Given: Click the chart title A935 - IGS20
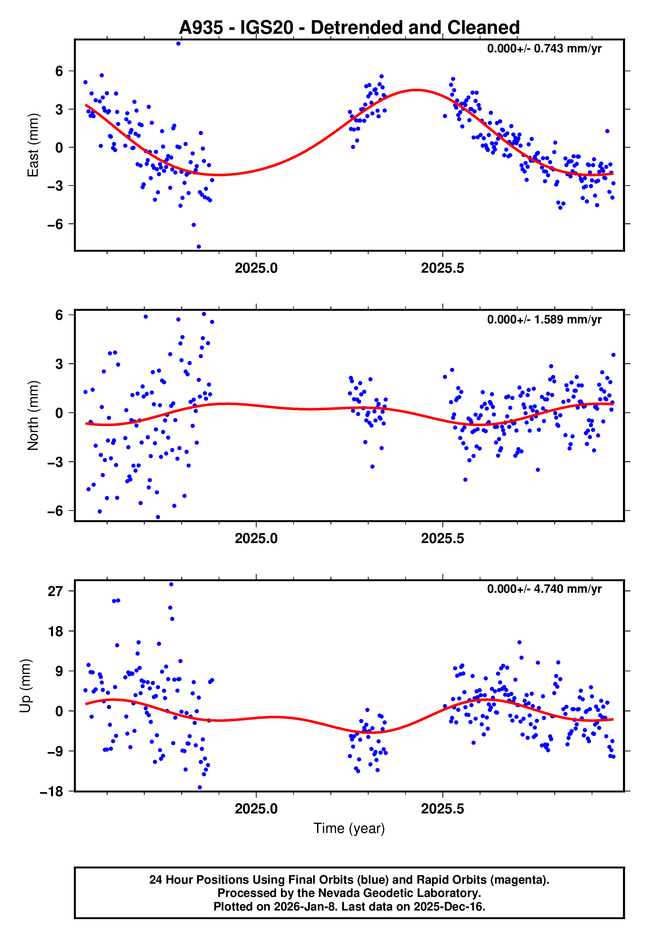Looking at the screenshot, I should click(x=349, y=28).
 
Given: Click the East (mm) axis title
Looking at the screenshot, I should click(x=33, y=145).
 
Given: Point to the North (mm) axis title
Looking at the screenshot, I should click(x=33, y=415).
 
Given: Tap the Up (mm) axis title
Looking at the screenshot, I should click(x=25, y=686).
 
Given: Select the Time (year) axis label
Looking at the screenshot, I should click(x=349, y=829).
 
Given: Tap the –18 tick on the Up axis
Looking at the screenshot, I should click(x=52, y=792).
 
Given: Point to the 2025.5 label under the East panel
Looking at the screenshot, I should click(x=442, y=268).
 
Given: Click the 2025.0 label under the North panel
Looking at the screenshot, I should click(x=256, y=539).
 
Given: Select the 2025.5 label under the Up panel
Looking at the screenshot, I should click(x=442, y=809).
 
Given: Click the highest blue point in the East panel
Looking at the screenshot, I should click(x=178, y=43).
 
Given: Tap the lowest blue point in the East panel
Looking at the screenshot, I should click(x=199, y=247).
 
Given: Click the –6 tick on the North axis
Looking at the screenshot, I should click(x=55, y=511).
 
